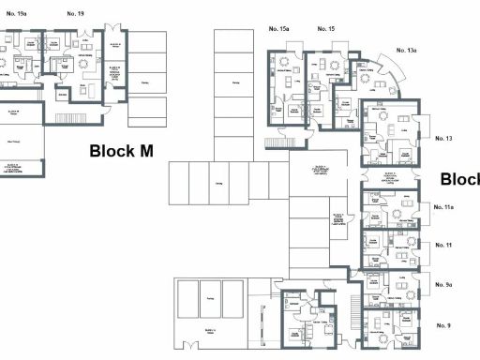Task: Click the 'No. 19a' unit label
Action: (x=17, y=14)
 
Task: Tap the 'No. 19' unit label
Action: (x=75, y=14)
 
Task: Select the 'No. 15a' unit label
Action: (x=279, y=29)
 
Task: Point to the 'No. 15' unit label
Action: (x=325, y=29)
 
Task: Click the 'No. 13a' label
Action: (x=406, y=50)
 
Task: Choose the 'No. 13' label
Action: (x=443, y=138)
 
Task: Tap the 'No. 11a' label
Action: (x=443, y=206)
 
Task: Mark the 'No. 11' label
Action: (x=443, y=244)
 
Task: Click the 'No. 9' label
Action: (x=443, y=324)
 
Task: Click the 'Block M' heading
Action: (x=121, y=150)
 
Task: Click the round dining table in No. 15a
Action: (x=282, y=64)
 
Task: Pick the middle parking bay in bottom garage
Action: (x=208, y=297)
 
